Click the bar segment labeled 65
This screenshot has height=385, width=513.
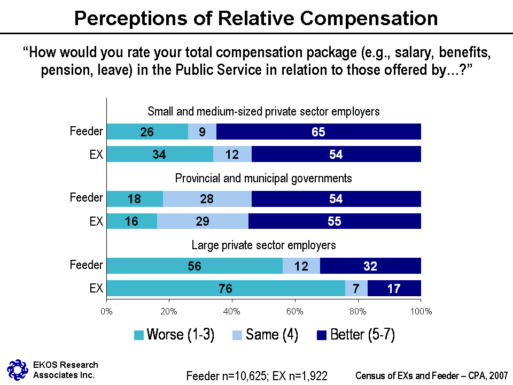[x=318, y=132]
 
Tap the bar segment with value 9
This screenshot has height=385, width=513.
[x=202, y=132]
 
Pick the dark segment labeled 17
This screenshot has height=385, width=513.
[x=394, y=288]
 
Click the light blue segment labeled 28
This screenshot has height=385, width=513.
[x=207, y=199]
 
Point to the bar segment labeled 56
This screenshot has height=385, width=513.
[x=195, y=266]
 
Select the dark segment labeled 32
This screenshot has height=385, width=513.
[x=370, y=266]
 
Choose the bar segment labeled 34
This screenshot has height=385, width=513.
[x=160, y=154]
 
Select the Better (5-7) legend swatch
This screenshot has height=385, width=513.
[x=322, y=335]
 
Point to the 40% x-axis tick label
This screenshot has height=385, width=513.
[x=232, y=311]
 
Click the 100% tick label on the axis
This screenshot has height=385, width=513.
[x=421, y=311]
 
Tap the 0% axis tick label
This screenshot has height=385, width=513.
[x=107, y=311]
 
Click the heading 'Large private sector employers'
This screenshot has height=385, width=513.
[x=263, y=245]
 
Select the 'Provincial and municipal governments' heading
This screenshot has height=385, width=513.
[x=263, y=178]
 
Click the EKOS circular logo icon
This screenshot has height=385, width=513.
[x=17, y=368]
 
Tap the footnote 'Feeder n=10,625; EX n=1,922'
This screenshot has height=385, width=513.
[x=256, y=375]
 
